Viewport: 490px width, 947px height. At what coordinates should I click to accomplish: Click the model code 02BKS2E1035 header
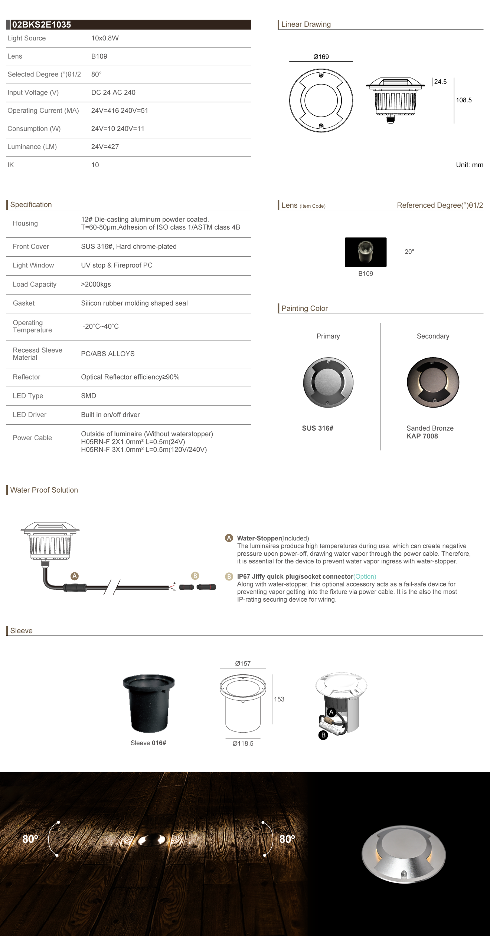(x=41, y=25)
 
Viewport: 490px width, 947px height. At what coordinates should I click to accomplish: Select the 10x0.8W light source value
(x=105, y=38)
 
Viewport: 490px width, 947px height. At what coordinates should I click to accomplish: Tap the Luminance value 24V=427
(x=105, y=147)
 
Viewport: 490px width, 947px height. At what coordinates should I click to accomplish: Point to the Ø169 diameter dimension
(x=321, y=57)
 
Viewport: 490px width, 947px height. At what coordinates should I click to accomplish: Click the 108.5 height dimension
(x=464, y=100)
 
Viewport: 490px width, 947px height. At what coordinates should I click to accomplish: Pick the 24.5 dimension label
(x=440, y=82)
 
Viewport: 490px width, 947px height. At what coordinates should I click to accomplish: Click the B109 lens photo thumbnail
(x=366, y=252)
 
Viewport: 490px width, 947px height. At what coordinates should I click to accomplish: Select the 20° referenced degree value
(x=409, y=252)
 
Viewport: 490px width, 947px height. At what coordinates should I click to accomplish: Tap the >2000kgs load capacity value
(x=96, y=285)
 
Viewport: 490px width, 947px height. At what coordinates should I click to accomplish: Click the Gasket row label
(x=24, y=303)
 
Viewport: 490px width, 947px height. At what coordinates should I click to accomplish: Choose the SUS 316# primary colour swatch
(x=328, y=382)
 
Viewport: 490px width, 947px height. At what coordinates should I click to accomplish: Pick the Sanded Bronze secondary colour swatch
(x=433, y=382)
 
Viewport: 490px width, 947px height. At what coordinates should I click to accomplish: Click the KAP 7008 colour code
(x=422, y=436)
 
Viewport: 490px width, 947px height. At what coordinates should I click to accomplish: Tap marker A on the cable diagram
(x=75, y=576)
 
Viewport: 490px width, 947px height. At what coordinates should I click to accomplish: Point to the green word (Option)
(x=365, y=577)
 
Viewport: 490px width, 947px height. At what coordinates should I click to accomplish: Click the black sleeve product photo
(x=148, y=703)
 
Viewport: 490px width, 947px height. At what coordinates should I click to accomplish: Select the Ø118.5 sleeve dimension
(x=243, y=744)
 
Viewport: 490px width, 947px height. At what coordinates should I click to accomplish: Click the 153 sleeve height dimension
(x=279, y=699)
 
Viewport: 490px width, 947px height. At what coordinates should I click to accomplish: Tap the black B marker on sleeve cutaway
(x=323, y=735)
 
